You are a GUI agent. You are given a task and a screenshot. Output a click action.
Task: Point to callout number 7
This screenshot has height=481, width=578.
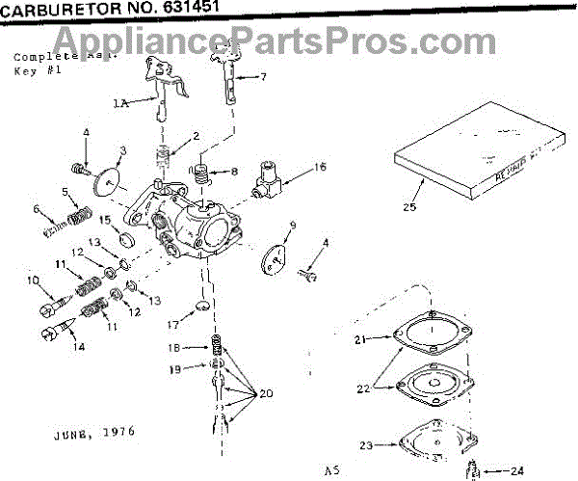point(264,75)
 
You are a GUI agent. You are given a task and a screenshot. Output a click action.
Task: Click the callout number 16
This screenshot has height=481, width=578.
point(320,167)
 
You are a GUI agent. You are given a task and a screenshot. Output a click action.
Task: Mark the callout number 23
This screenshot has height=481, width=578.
point(366,445)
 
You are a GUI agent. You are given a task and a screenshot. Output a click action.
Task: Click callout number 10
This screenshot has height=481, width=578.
point(33,281)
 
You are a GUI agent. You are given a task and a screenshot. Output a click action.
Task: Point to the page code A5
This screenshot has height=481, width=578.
point(331,470)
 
